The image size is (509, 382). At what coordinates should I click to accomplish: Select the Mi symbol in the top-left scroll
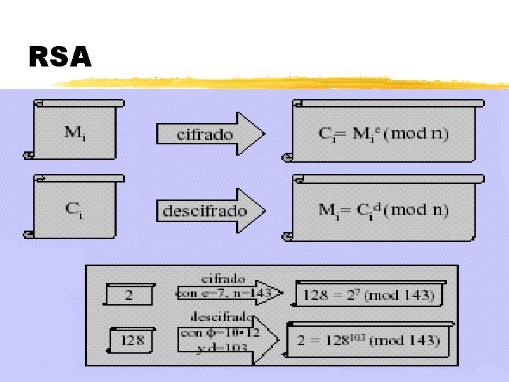click(75, 132)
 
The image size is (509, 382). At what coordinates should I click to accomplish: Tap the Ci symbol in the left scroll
click(75, 209)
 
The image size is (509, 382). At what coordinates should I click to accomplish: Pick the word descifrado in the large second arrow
click(205, 211)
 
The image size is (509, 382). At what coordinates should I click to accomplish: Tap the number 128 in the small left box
click(132, 341)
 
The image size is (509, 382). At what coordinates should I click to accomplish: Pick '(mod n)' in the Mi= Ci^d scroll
click(419, 210)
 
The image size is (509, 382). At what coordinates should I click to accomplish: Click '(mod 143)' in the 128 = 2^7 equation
click(402, 296)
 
